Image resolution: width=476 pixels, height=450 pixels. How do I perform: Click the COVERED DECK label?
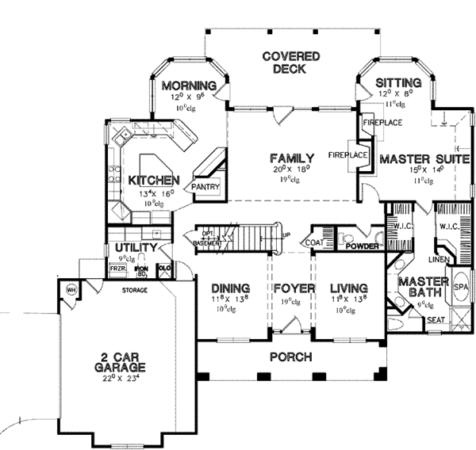pos(292,63)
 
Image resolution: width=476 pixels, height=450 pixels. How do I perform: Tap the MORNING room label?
pos(189,86)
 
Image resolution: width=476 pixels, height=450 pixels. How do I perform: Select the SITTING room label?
pos(393,82)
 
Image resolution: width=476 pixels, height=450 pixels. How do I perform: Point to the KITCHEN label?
pos(152,181)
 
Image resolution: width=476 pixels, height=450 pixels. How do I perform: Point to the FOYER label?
pos(291,288)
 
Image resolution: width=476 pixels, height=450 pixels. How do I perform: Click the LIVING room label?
pos(348,287)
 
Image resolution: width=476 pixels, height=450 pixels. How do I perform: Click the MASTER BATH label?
pos(423,288)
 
